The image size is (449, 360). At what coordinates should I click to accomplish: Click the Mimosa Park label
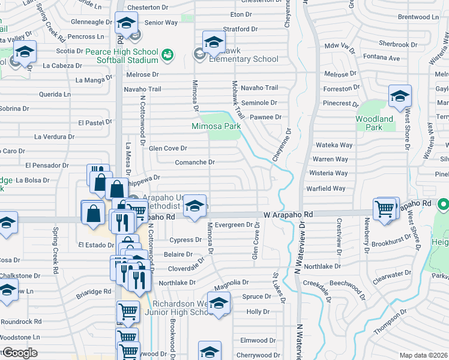click(x=215, y=127)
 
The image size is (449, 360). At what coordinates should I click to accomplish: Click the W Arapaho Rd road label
click(x=288, y=214)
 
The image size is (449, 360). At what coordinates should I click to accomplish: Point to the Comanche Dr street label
click(x=194, y=162)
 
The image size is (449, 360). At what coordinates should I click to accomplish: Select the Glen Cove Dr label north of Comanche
click(x=168, y=148)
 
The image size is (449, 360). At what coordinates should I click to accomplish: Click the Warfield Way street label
click(x=327, y=188)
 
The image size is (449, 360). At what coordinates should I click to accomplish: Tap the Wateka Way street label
click(x=334, y=145)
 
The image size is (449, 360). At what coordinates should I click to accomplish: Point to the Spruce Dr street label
click(x=256, y=296)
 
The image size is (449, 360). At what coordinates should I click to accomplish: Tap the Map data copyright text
click(x=424, y=355)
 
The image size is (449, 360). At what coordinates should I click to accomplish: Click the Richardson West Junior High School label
click(x=180, y=308)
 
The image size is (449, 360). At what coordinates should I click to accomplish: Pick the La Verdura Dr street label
click(x=54, y=136)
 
